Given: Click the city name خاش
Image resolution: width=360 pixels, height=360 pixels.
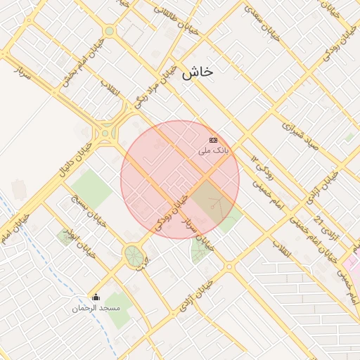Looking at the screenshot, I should (x=197, y=72).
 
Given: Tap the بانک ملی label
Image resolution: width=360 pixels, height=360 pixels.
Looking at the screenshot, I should (x=214, y=150).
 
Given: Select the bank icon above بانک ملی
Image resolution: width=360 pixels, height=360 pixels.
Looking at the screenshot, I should (x=214, y=141).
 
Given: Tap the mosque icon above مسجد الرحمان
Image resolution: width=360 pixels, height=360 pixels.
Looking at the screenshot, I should (x=96, y=297).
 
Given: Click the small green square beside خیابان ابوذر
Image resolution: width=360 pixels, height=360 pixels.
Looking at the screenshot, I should (x=66, y=237).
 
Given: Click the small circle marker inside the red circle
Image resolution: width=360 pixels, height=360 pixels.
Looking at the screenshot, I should (x=212, y=207).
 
